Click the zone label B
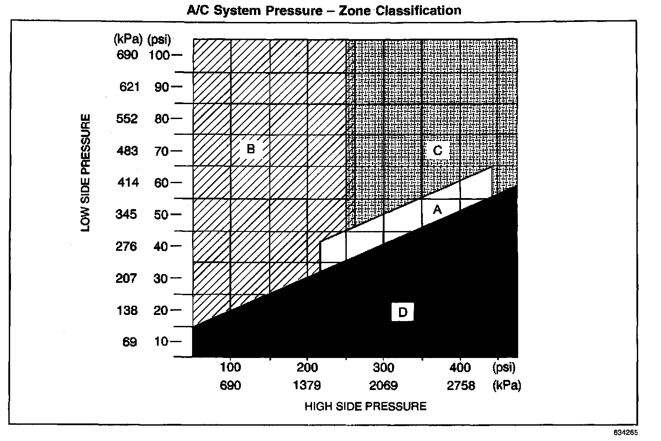pos(251,149)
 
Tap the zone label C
pos(437,151)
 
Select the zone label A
pos(437,210)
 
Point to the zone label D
pos(403,312)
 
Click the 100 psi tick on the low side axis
pos(159,55)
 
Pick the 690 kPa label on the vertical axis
pos(127,55)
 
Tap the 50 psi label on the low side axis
pos(160,214)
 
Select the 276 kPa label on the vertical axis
pos(127,246)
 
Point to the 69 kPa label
pos(130,342)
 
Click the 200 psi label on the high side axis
pos(307,367)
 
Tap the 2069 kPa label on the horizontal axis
pos(383,386)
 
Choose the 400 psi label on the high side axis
pos(460,367)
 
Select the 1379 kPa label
pos(307,386)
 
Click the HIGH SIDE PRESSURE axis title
pos(365,406)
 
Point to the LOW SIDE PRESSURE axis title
pos(86,173)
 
